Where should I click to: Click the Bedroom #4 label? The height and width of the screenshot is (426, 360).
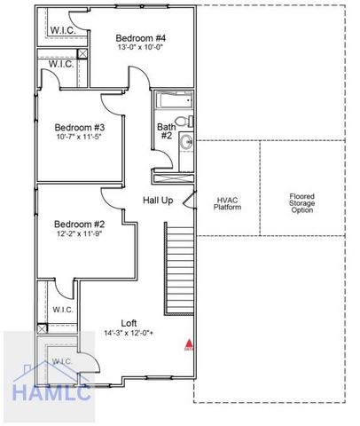(141, 38)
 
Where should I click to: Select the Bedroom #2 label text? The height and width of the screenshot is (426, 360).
(79, 224)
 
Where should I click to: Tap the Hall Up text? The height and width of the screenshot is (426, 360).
(158, 200)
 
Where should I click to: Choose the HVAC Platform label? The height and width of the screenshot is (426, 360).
(228, 202)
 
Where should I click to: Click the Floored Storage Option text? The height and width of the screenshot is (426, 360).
(301, 203)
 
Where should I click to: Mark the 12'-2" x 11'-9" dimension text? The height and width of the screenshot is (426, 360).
(79, 235)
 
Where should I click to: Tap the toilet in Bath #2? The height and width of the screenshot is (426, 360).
(183, 121)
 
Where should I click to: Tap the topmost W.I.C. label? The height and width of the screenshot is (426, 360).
(62, 31)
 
